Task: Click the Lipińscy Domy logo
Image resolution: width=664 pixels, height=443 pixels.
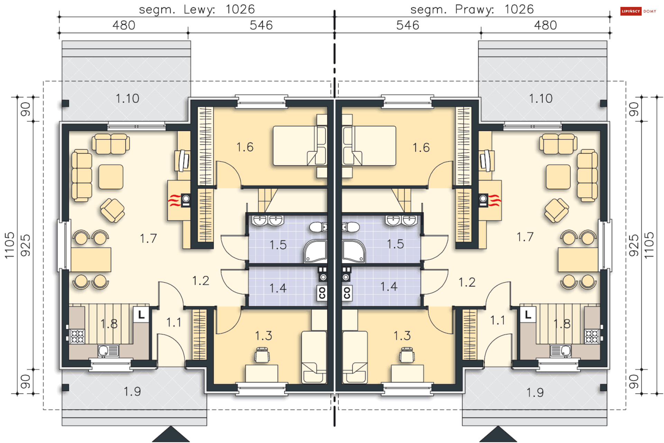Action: pyautogui.click(x=638, y=11)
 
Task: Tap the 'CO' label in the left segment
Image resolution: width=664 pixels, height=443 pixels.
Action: pyautogui.click(x=322, y=293)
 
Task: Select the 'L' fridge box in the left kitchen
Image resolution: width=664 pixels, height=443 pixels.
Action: pyautogui.click(x=141, y=315)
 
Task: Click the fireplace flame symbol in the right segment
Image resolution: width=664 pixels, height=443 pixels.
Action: pyautogui.click(x=495, y=200)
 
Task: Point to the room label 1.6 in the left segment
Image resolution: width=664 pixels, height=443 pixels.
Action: pyautogui.click(x=245, y=147)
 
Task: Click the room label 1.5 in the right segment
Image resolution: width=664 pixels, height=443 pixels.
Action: pyautogui.click(x=395, y=244)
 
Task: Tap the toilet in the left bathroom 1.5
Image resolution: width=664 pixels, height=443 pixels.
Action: pyautogui.click(x=318, y=227)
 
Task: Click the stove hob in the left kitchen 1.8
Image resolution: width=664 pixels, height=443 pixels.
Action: pyautogui.click(x=77, y=336)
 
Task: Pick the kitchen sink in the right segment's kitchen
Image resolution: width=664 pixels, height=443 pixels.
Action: pyautogui.click(x=561, y=351)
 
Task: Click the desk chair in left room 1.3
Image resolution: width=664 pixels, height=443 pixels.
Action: pyautogui.click(x=262, y=355)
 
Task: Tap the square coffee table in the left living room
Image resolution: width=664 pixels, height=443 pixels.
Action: pyautogui.click(x=111, y=177)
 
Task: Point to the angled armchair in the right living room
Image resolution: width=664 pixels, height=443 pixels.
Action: pyautogui.click(x=556, y=210)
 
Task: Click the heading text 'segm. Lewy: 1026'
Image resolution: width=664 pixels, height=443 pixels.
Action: pyautogui.click(x=197, y=9)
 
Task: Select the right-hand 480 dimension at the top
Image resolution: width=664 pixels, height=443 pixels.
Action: pyautogui.click(x=545, y=25)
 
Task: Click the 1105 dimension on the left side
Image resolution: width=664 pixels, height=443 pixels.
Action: pyautogui.click(x=10, y=245)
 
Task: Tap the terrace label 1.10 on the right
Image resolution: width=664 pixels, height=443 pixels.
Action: pyautogui.click(x=541, y=99)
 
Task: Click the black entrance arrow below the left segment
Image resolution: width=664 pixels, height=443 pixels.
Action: pyautogui.click(x=171, y=435)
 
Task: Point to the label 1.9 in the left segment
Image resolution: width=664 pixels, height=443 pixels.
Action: pyautogui.click(x=132, y=391)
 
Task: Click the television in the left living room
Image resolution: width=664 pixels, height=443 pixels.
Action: pyautogui.click(x=183, y=161)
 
